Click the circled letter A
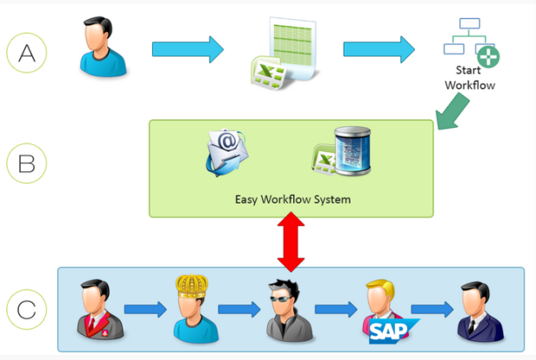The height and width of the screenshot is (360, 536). click(27, 53)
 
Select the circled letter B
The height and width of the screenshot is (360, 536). click(27, 163)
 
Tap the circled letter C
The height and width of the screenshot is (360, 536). click(27, 310)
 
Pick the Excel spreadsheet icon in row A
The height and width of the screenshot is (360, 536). click(285, 53)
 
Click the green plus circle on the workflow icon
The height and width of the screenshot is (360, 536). click(488, 57)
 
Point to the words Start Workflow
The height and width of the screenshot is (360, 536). click(470, 77)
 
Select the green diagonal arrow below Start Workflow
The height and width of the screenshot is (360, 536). click(452, 111)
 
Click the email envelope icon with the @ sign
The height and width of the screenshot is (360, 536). click(226, 152)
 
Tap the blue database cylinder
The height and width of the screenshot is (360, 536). click(352, 150)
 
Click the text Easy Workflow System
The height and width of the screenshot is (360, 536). click(292, 199)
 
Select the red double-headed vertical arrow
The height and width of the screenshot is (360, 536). click(291, 242)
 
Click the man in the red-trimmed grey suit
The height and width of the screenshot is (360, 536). click(100, 309)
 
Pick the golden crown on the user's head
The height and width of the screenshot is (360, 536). click(191, 285)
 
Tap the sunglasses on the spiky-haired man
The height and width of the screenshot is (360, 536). click(281, 299)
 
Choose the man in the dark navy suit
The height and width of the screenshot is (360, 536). click(480, 310)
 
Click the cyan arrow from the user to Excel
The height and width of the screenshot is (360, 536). click(188, 50)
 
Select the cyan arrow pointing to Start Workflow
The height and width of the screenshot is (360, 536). click(379, 50)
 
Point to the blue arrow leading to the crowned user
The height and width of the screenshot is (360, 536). click(145, 310)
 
